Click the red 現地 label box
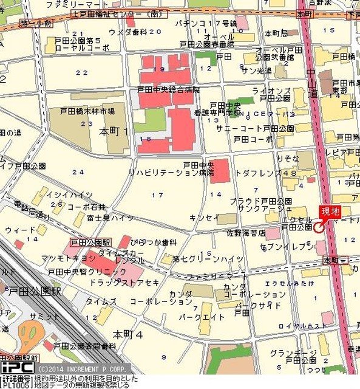(x=330, y=212)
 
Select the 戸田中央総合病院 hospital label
(x=168, y=89)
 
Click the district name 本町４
(x=127, y=334)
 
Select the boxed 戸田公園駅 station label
(x=90, y=242)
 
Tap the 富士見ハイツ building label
(x=110, y=217)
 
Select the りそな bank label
(x=287, y=157)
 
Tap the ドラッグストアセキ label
(x=124, y=283)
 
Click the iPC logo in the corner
(x=16, y=368)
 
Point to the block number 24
(x=78, y=172)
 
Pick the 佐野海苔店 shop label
(x=246, y=232)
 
